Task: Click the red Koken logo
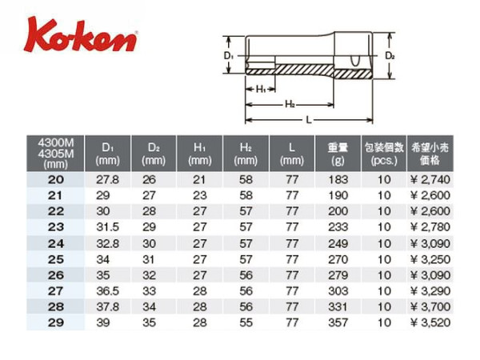(x=81, y=35)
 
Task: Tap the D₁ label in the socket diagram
(x=229, y=56)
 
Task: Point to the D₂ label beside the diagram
(x=390, y=56)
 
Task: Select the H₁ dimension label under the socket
(x=261, y=90)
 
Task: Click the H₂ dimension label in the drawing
(x=290, y=104)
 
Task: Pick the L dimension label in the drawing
(x=309, y=120)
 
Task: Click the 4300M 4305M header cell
(x=55, y=153)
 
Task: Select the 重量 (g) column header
(x=338, y=153)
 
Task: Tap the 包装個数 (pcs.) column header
(x=384, y=153)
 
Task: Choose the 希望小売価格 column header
(x=430, y=153)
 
